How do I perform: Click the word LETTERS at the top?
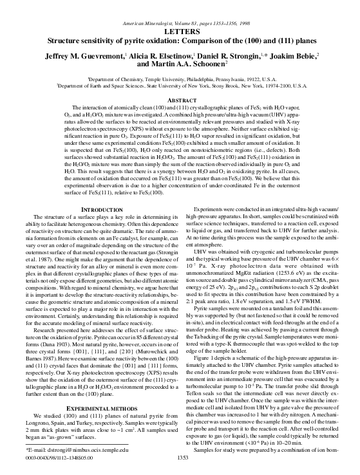pos(180,30)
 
